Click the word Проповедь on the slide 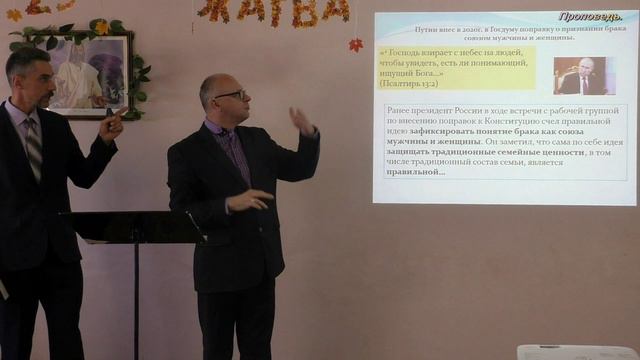pyautogui.click(x=592, y=17)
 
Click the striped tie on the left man pyautogui.click(x=33, y=145)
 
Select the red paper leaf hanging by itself pyautogui.click(x=355, y=44)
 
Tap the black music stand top pyautogui.click(x=130, y=227)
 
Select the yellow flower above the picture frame pyautogui.click(x=100, y=27)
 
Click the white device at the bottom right pyautogui.click(x=577, y=351)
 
